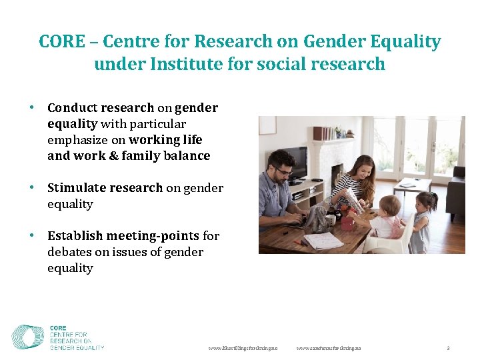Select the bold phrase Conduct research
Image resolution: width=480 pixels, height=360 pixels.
[100, 108]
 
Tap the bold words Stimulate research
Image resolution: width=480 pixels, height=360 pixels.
[105, 188]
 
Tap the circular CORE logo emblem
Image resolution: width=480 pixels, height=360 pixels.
[28, 337]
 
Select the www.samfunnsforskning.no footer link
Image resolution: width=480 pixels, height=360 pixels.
[329, 349]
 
